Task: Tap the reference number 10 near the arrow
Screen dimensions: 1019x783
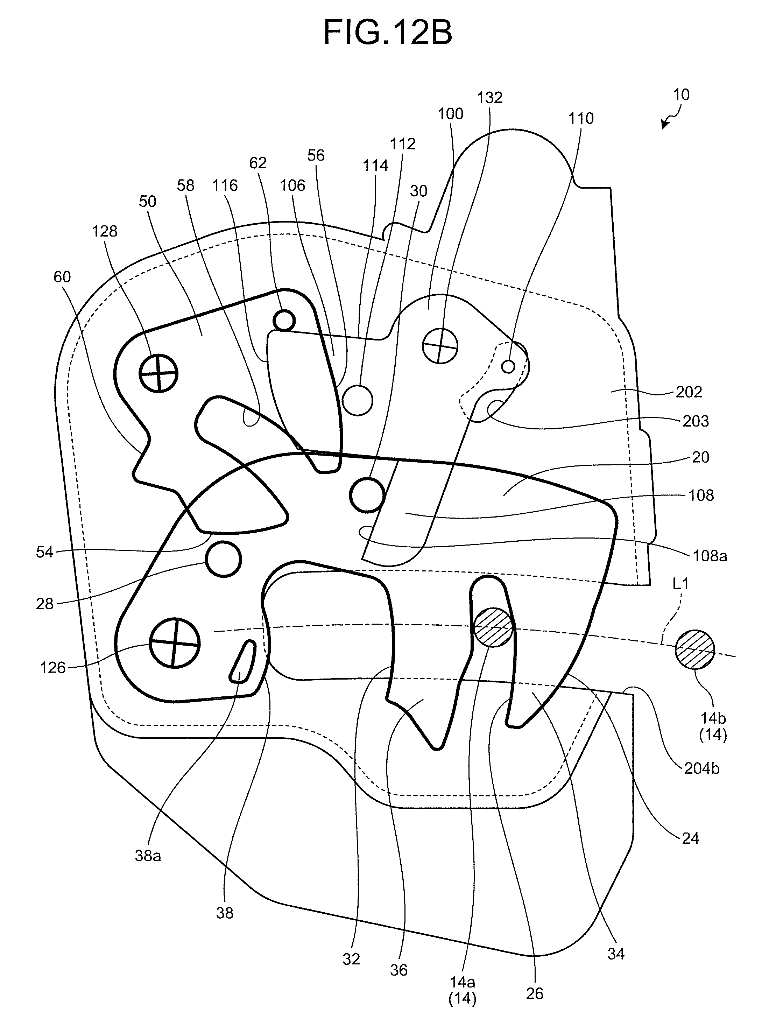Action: coord(681,94)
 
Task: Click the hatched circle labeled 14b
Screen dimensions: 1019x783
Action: coord(694,649)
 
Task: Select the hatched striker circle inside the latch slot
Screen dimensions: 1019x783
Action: coord(493,627)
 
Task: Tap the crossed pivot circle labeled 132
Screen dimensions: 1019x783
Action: coord(440,346)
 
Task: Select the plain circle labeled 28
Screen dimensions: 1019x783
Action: coord(224,559)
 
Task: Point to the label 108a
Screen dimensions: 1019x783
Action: coord(710,556)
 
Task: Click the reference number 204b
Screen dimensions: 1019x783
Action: coord(701,768)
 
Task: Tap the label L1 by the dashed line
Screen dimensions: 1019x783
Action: coord(681,583)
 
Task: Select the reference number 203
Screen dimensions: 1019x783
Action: coord(696,421)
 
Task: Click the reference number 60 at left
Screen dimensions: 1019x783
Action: coord(62,277)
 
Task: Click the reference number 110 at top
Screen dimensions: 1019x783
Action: coord(581,118)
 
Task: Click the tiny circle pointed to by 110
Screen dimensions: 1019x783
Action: coord(508,366)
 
